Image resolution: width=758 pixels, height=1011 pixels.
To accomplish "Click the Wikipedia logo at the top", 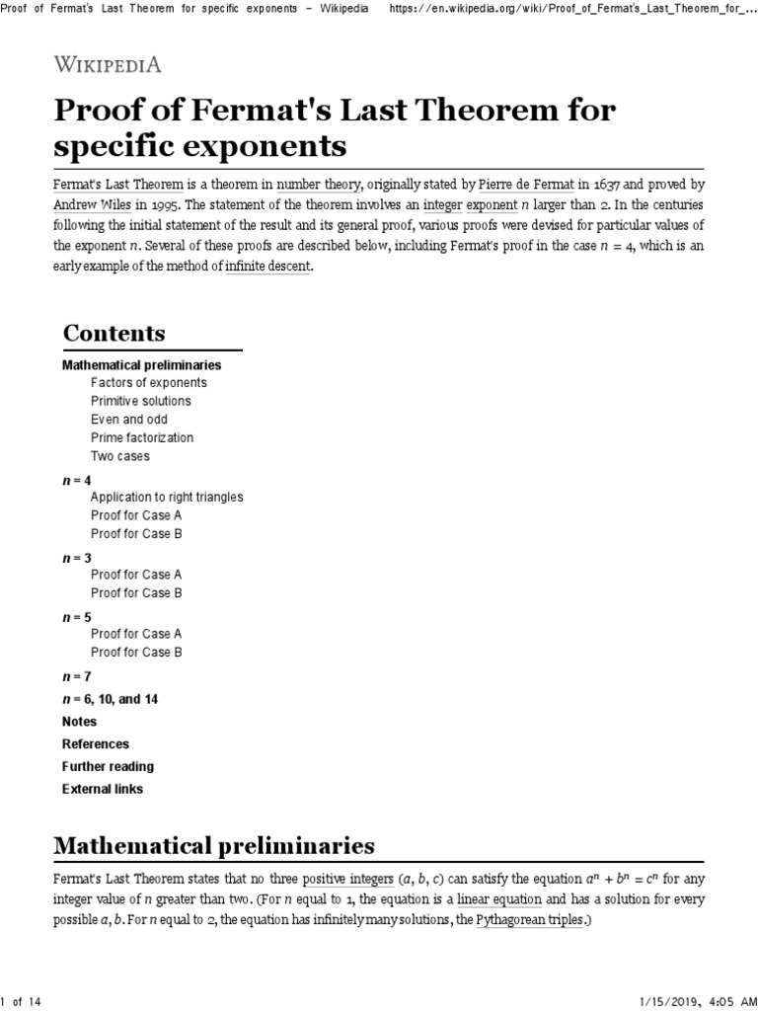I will click(107, 65).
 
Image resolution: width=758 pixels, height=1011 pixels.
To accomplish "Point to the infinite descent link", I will click(267, 268).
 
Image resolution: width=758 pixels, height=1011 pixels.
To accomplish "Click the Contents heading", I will click(114, 333).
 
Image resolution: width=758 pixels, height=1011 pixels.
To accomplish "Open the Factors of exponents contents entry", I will click(148, 382).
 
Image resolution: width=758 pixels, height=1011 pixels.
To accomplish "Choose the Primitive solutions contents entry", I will click(140, 401).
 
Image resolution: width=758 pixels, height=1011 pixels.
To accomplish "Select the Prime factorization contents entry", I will click(141, 437).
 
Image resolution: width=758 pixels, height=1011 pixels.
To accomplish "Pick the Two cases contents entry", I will click(119, 456).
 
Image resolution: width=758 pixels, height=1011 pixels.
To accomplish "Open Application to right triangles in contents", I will click(166, 497).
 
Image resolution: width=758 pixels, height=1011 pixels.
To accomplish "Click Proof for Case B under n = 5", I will click(136, 652).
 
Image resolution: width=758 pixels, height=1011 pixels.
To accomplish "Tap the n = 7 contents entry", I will click(75, 677).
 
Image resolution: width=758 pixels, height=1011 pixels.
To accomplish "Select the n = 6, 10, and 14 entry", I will click(110, 699).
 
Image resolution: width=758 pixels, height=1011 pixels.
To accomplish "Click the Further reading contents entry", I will click(108, 766).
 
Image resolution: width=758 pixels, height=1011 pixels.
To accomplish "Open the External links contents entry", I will click(102, 789).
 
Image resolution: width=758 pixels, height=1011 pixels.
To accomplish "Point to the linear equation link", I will click(499, 899).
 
